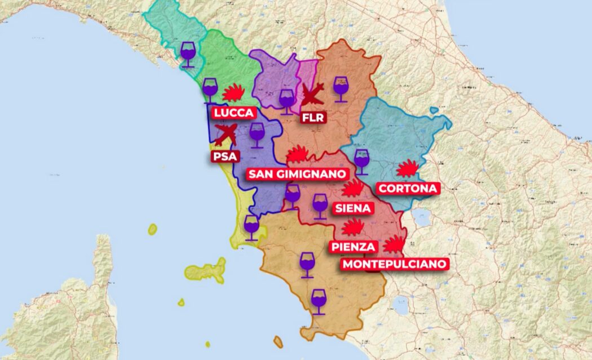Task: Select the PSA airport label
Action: (x=225, y=156)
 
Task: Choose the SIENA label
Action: (x=353, y=208)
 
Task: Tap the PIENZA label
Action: (x=353, y=247)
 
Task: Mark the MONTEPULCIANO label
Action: (x=395, y=264)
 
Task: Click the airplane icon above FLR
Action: (x=312, y=94)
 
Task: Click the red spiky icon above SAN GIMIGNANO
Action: (x=297, y=153)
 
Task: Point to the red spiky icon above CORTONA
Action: (x=408, y=169)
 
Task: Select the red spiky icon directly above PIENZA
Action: (x=353, y=227)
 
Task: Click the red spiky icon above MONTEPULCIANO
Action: (x=395, y=244)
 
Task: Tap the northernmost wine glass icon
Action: (x=188, y=54)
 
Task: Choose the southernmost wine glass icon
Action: (x=319, y=301)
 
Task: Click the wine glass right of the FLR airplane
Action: (x=341, y=89)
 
